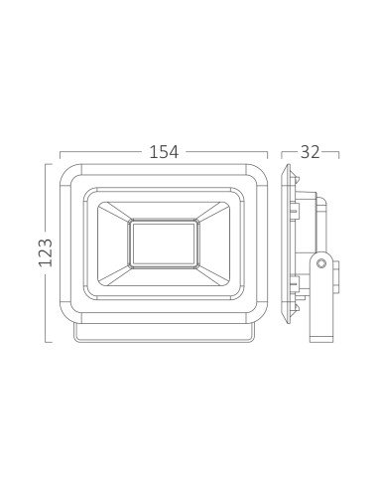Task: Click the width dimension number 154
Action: click(164, 152)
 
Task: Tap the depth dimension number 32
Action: click(311, 152)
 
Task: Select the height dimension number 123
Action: click(46, 252)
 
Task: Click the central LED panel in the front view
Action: click(164, 244)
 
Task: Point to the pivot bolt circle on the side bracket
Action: click(321, 263)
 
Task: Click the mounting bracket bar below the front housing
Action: click(164, 333)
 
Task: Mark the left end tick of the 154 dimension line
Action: click(60, 155)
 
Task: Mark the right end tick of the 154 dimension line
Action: click(268, 155)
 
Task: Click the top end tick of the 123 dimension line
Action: click(49, 164)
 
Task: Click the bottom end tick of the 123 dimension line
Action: click(49, 342)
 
